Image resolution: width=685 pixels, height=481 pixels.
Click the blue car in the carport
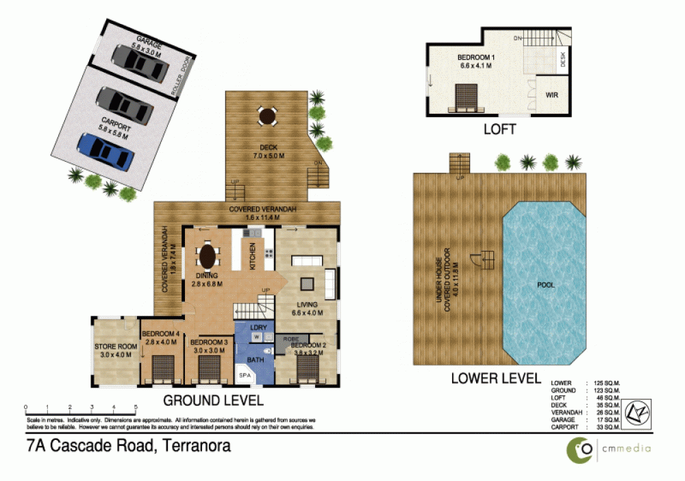(105, 151)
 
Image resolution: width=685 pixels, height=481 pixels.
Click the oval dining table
(208, 257)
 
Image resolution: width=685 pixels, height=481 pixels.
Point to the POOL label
(546, 284)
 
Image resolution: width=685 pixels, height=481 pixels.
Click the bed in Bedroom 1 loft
(465, 97)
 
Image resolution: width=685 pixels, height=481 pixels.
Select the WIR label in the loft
(551, 96)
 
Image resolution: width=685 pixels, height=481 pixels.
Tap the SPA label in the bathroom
(243, 376)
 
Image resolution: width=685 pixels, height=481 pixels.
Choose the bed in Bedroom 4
(162, 367)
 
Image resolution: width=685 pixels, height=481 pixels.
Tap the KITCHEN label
(252, 256)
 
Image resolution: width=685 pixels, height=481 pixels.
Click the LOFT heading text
(499, 128)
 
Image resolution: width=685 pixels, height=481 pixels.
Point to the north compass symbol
(638, 413)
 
